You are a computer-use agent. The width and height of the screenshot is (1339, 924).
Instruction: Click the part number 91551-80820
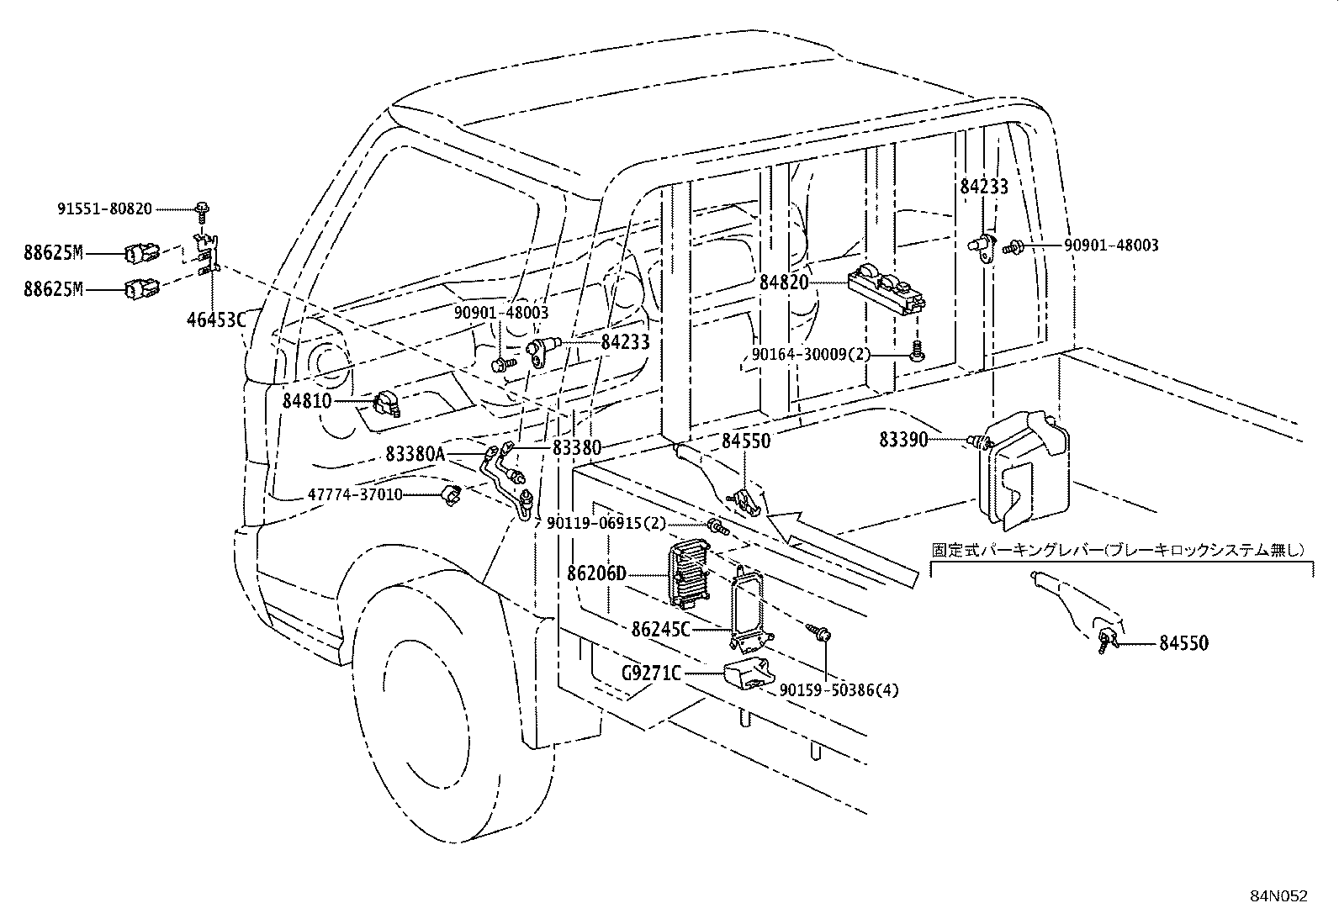[104, 208]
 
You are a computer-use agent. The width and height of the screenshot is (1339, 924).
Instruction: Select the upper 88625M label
[53, 251]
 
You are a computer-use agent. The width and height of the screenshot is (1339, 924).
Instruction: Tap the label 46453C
[215, 319]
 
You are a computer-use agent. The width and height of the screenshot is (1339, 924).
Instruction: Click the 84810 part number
[307, 401]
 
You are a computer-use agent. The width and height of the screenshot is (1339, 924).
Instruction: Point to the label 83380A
[415, 454]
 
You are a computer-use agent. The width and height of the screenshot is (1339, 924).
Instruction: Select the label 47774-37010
[354, 494]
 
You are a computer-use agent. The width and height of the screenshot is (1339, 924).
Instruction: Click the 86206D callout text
[596, 574]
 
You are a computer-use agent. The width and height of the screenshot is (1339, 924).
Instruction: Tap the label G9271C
[651, 673]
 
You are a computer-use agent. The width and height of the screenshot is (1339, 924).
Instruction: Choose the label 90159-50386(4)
[839, 689]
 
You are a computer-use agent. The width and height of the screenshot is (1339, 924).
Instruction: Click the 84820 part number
[784, 282]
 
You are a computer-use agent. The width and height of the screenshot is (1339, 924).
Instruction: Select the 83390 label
[903, 440]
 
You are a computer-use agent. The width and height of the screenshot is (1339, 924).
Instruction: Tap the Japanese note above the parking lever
[1118, 550]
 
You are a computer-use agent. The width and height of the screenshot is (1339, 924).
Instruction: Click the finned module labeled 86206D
[687, 574]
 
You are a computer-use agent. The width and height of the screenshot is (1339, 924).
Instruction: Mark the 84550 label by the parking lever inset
[1183, 643]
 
